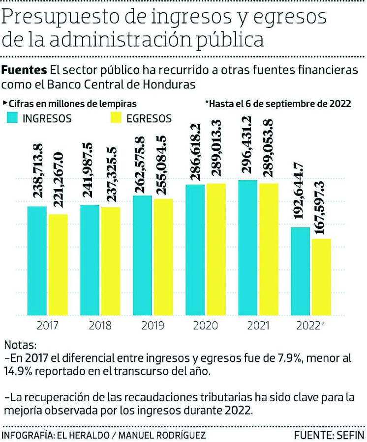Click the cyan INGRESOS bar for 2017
pos(37,260)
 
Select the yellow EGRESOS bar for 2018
pos(110,261)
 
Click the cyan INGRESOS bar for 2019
pos(143,255)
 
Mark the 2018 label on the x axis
pos(100,326)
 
